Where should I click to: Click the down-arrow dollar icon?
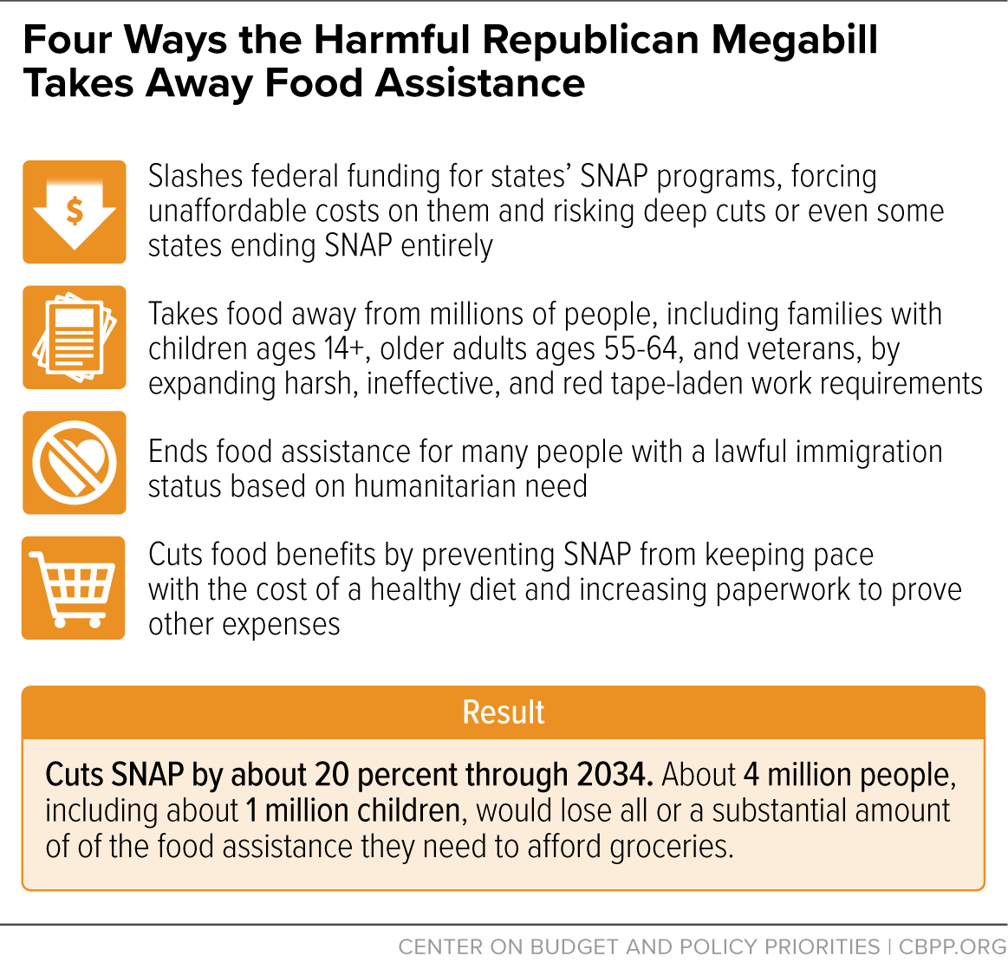[75, 212]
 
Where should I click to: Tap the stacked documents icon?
[75, 338]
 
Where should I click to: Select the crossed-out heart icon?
[75, 463]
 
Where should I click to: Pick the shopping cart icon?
[74, 588]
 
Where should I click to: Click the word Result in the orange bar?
[504, 712]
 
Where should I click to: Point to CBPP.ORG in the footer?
[953, 946]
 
